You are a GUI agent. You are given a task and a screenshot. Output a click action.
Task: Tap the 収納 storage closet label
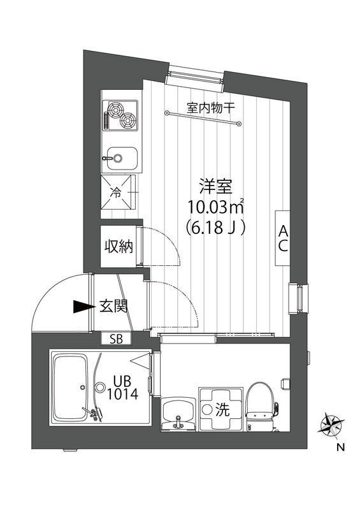click(x=119, y=245)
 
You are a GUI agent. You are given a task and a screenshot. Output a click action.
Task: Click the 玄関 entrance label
click(x=114, y=307)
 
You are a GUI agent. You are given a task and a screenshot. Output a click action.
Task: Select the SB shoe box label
click(x=117, y=339)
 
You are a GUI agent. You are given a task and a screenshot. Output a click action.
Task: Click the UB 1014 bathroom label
click(x=119, y=386)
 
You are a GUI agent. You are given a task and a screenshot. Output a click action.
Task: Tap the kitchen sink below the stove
click(x=121, y=156)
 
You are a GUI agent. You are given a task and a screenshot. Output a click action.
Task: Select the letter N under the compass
click(x=339, y=447)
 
